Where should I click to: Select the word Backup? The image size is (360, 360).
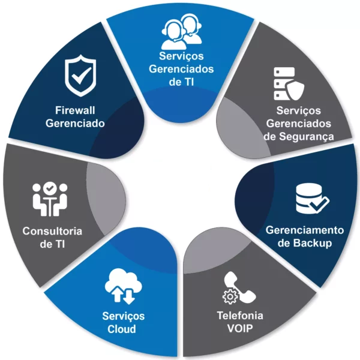[x=316, y=243]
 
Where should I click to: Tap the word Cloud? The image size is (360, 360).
[x=122, y=329]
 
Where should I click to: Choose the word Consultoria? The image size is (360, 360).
[x=52, y=231]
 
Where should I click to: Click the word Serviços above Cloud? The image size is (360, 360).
[x=122, y=316]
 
